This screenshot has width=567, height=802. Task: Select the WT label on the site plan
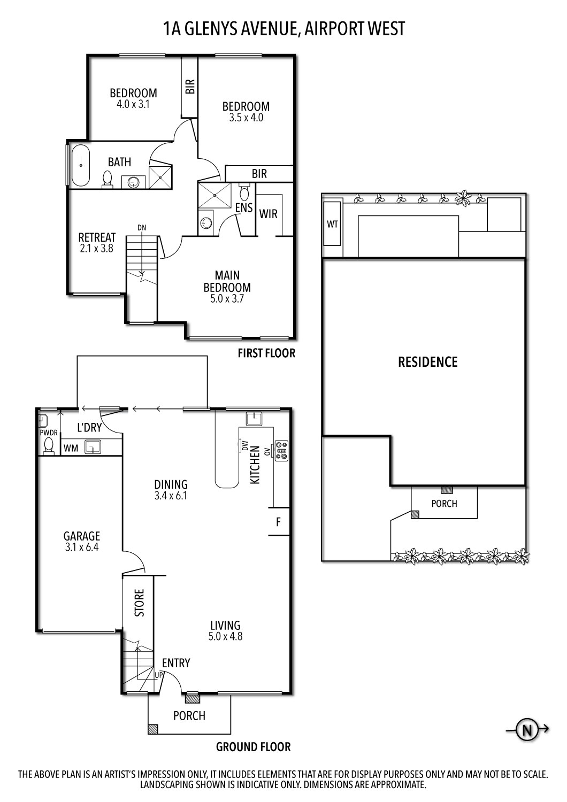pos(332,224)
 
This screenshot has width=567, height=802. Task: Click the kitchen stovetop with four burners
pos(281,450)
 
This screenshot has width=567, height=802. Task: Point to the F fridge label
pos(278,522)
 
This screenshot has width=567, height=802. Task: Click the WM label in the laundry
pos(71,448)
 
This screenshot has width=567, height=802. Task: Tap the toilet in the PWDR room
pos(49,445)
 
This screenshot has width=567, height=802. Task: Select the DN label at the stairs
pos(141,228)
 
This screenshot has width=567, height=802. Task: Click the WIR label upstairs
pos(268,214)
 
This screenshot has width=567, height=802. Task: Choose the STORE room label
pos(139,603)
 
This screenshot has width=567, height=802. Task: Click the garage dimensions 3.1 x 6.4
pos(81,547)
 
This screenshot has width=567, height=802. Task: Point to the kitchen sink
pos(253,418)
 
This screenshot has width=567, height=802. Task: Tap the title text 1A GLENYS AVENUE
pos(229,28)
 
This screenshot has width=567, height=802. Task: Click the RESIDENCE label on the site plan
pos(427,362)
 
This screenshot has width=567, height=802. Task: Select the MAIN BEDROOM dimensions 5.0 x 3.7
pos(227,299)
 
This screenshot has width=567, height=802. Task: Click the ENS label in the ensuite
pos(244,207)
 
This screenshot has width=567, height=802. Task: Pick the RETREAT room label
pos(97,237)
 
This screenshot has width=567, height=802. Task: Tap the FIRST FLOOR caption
pos(266,353)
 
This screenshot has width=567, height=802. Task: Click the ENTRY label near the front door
pos(176,663)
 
